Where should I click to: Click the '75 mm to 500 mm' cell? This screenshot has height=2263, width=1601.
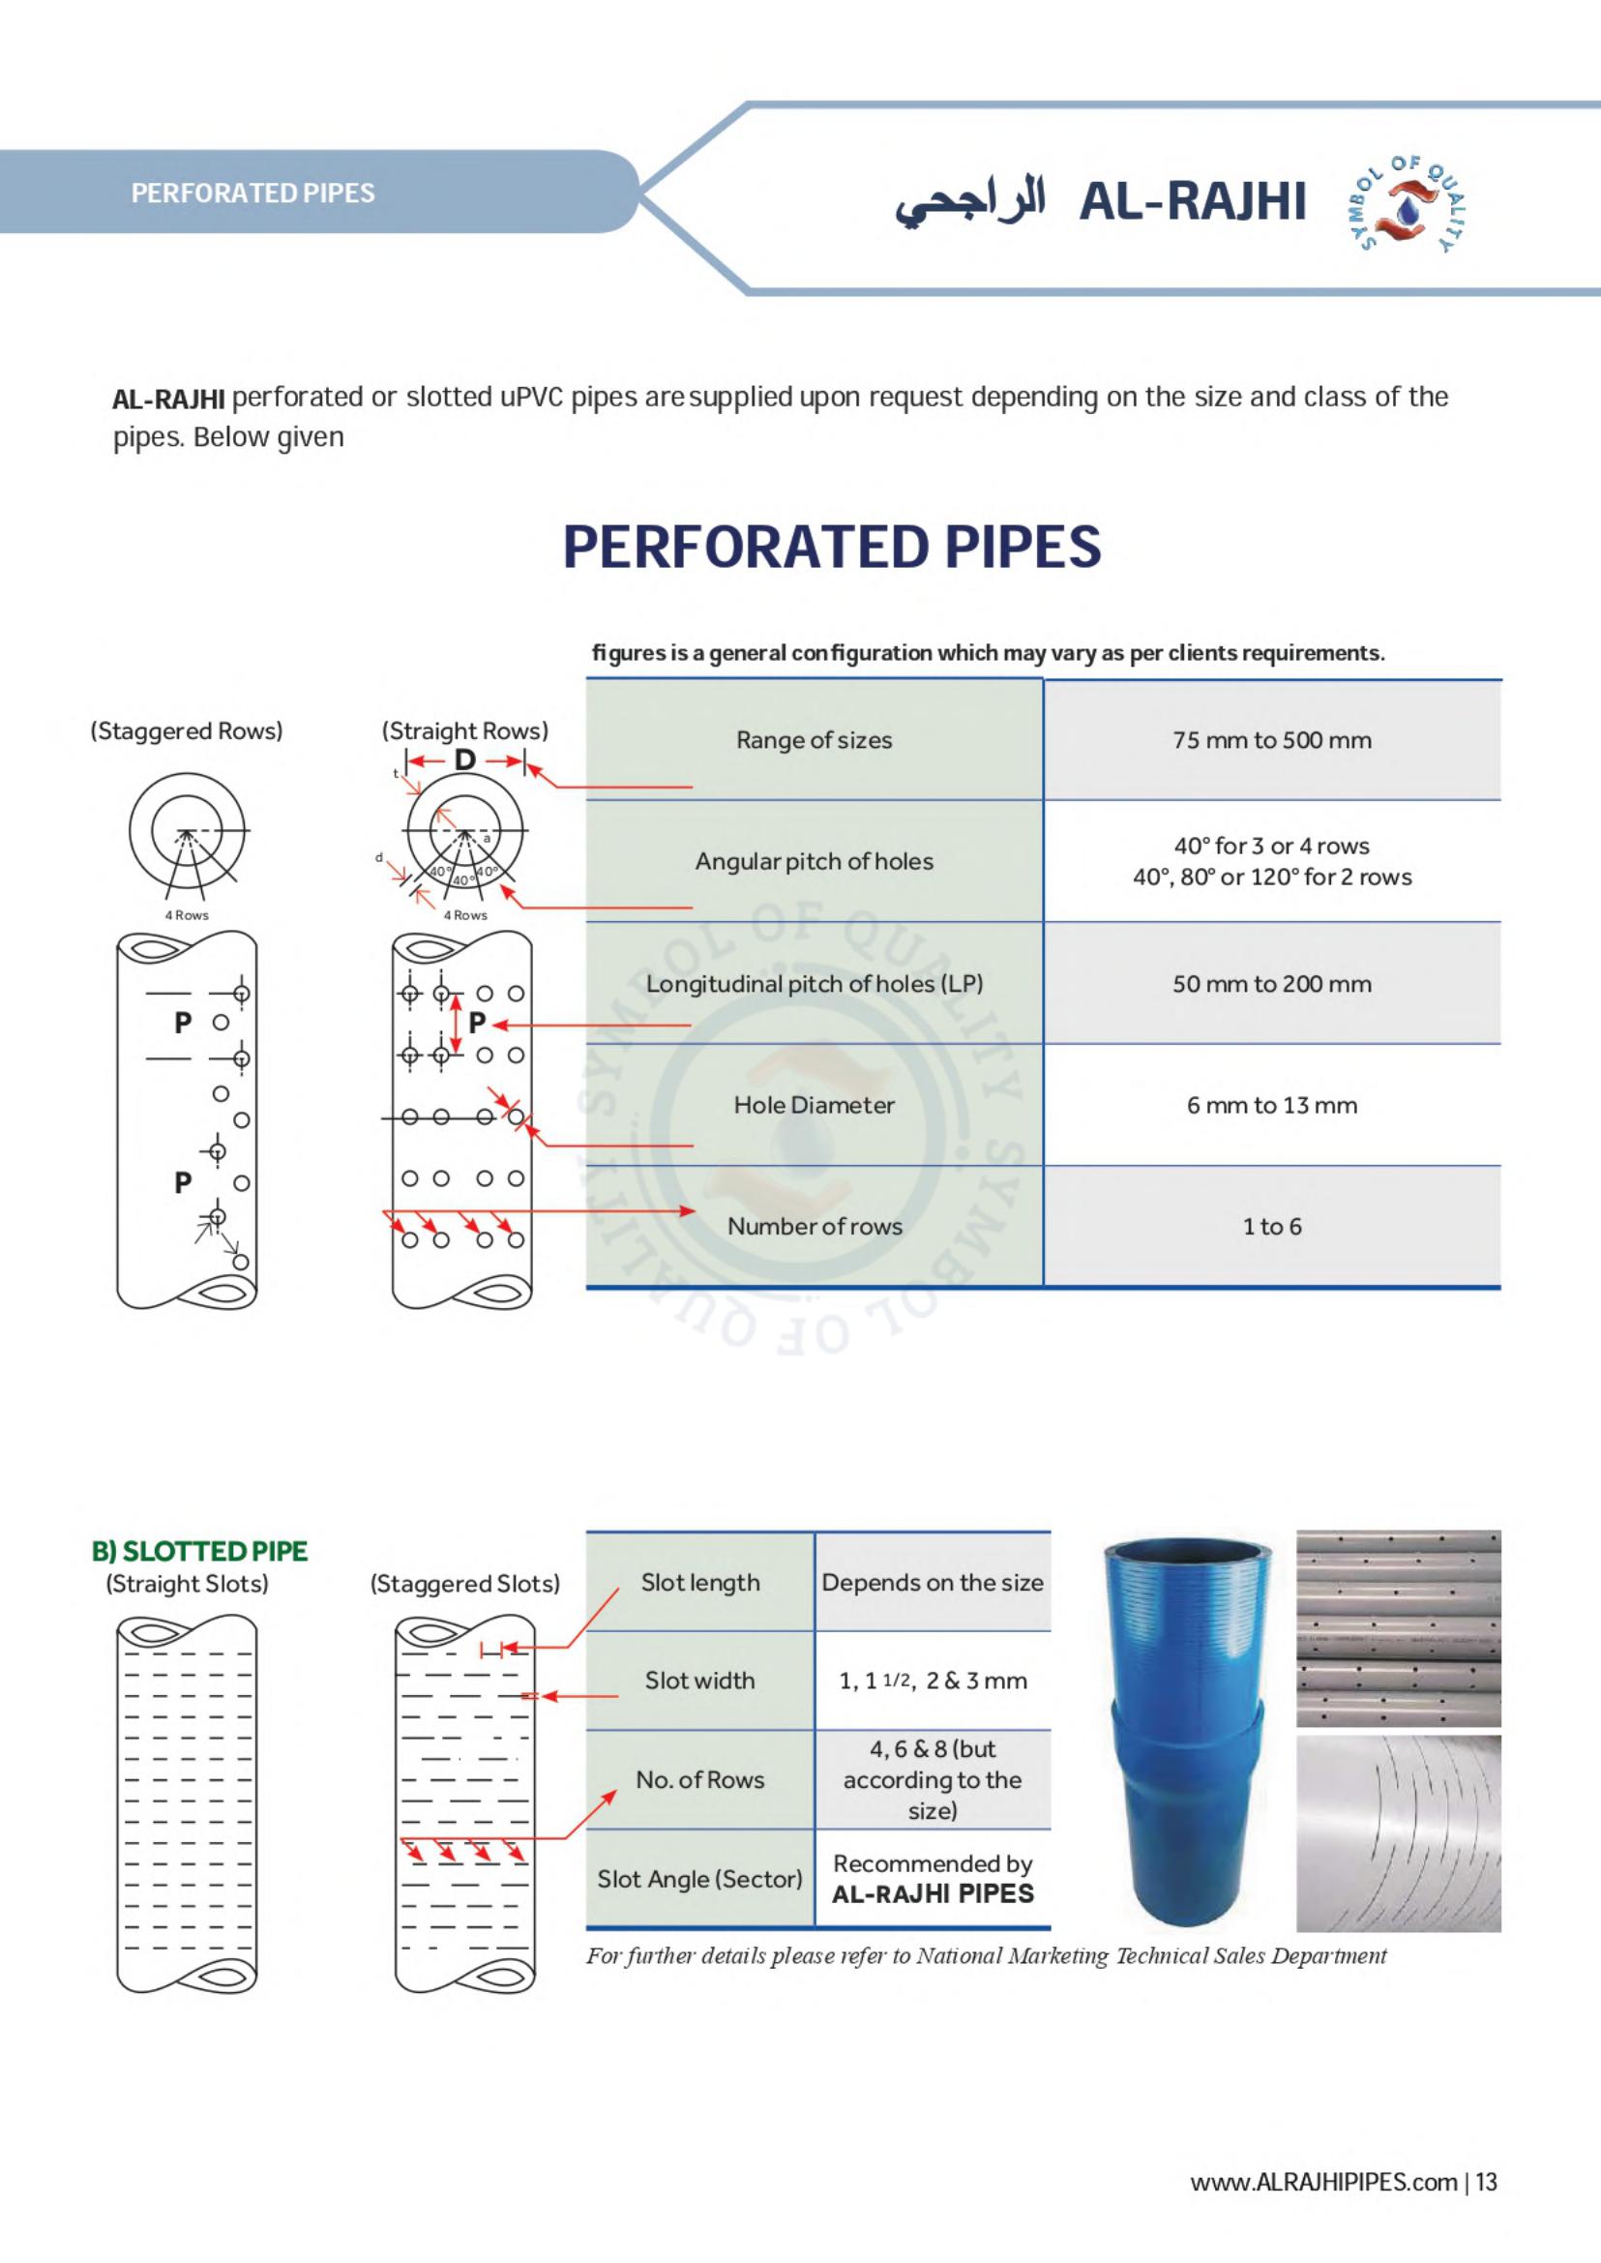click(x=1272, y=740)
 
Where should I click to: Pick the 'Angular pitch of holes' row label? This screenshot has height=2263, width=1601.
click(x=814, y=862)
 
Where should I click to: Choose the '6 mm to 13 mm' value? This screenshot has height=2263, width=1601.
click(x=1272, y=1105)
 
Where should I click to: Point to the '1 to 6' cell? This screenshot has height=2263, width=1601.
click(x=1272, y=1227)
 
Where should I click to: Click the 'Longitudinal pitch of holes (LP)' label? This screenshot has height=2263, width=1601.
click(x=814, y=984)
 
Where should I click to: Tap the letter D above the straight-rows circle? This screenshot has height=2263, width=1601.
click(x=465, y=760)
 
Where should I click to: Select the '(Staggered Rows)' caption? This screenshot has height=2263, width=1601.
click(x=187, y=731)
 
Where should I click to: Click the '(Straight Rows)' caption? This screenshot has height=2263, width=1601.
click(x=464, y=731)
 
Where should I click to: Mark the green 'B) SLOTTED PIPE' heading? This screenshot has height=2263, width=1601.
click(x=199, y=1551)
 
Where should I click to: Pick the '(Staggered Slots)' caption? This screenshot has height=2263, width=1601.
click(x=464, y=1585)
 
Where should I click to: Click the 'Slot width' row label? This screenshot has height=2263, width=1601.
click(x=699, y=1681)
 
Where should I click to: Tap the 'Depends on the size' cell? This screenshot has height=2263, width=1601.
click(x=932, y=1583)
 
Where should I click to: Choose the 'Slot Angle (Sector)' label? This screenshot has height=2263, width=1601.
click(x=699, y=1880)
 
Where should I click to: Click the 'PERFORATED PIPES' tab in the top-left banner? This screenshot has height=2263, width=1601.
click(x=252, y=194)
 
